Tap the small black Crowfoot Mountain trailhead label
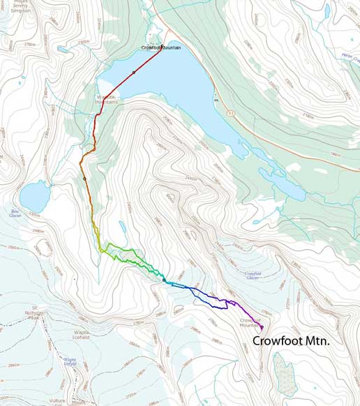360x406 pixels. coord(161,47)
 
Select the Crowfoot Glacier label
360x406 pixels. coord(253,276)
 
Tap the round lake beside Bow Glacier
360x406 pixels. coord(33,195)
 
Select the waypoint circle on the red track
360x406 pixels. coord(133,73)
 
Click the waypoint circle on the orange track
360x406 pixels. coord(84,179)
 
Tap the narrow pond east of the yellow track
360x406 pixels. coord(122,227)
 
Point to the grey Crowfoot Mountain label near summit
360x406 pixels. coord(249,322)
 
